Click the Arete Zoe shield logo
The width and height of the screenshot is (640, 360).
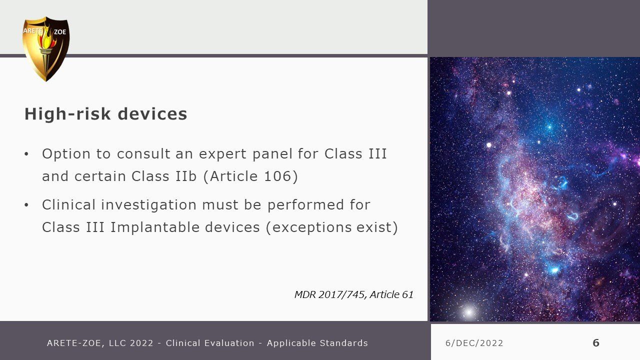point(46,49)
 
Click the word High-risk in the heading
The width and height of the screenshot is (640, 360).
point(67,113)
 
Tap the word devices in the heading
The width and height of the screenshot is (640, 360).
point(152,113)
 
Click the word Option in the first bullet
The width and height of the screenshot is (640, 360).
point(66,154)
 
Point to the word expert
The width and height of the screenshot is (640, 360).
point(222,154)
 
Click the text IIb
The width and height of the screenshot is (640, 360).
point(186,176)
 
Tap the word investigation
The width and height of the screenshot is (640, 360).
point(149,205)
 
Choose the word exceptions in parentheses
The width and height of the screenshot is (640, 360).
point(309,228)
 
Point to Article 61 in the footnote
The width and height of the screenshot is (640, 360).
point(391,294)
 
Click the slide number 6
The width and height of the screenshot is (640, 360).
point(596,343)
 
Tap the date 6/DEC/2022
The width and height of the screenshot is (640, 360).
point(474,343)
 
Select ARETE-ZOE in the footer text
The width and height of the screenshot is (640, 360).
point(73,343)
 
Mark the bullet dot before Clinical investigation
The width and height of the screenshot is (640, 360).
point(26,205)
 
